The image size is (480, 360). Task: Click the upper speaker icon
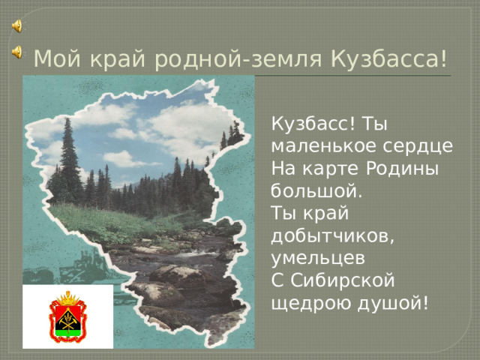(16, 25)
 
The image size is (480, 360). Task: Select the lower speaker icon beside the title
(16, 52)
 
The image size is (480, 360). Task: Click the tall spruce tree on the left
(70, 169)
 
